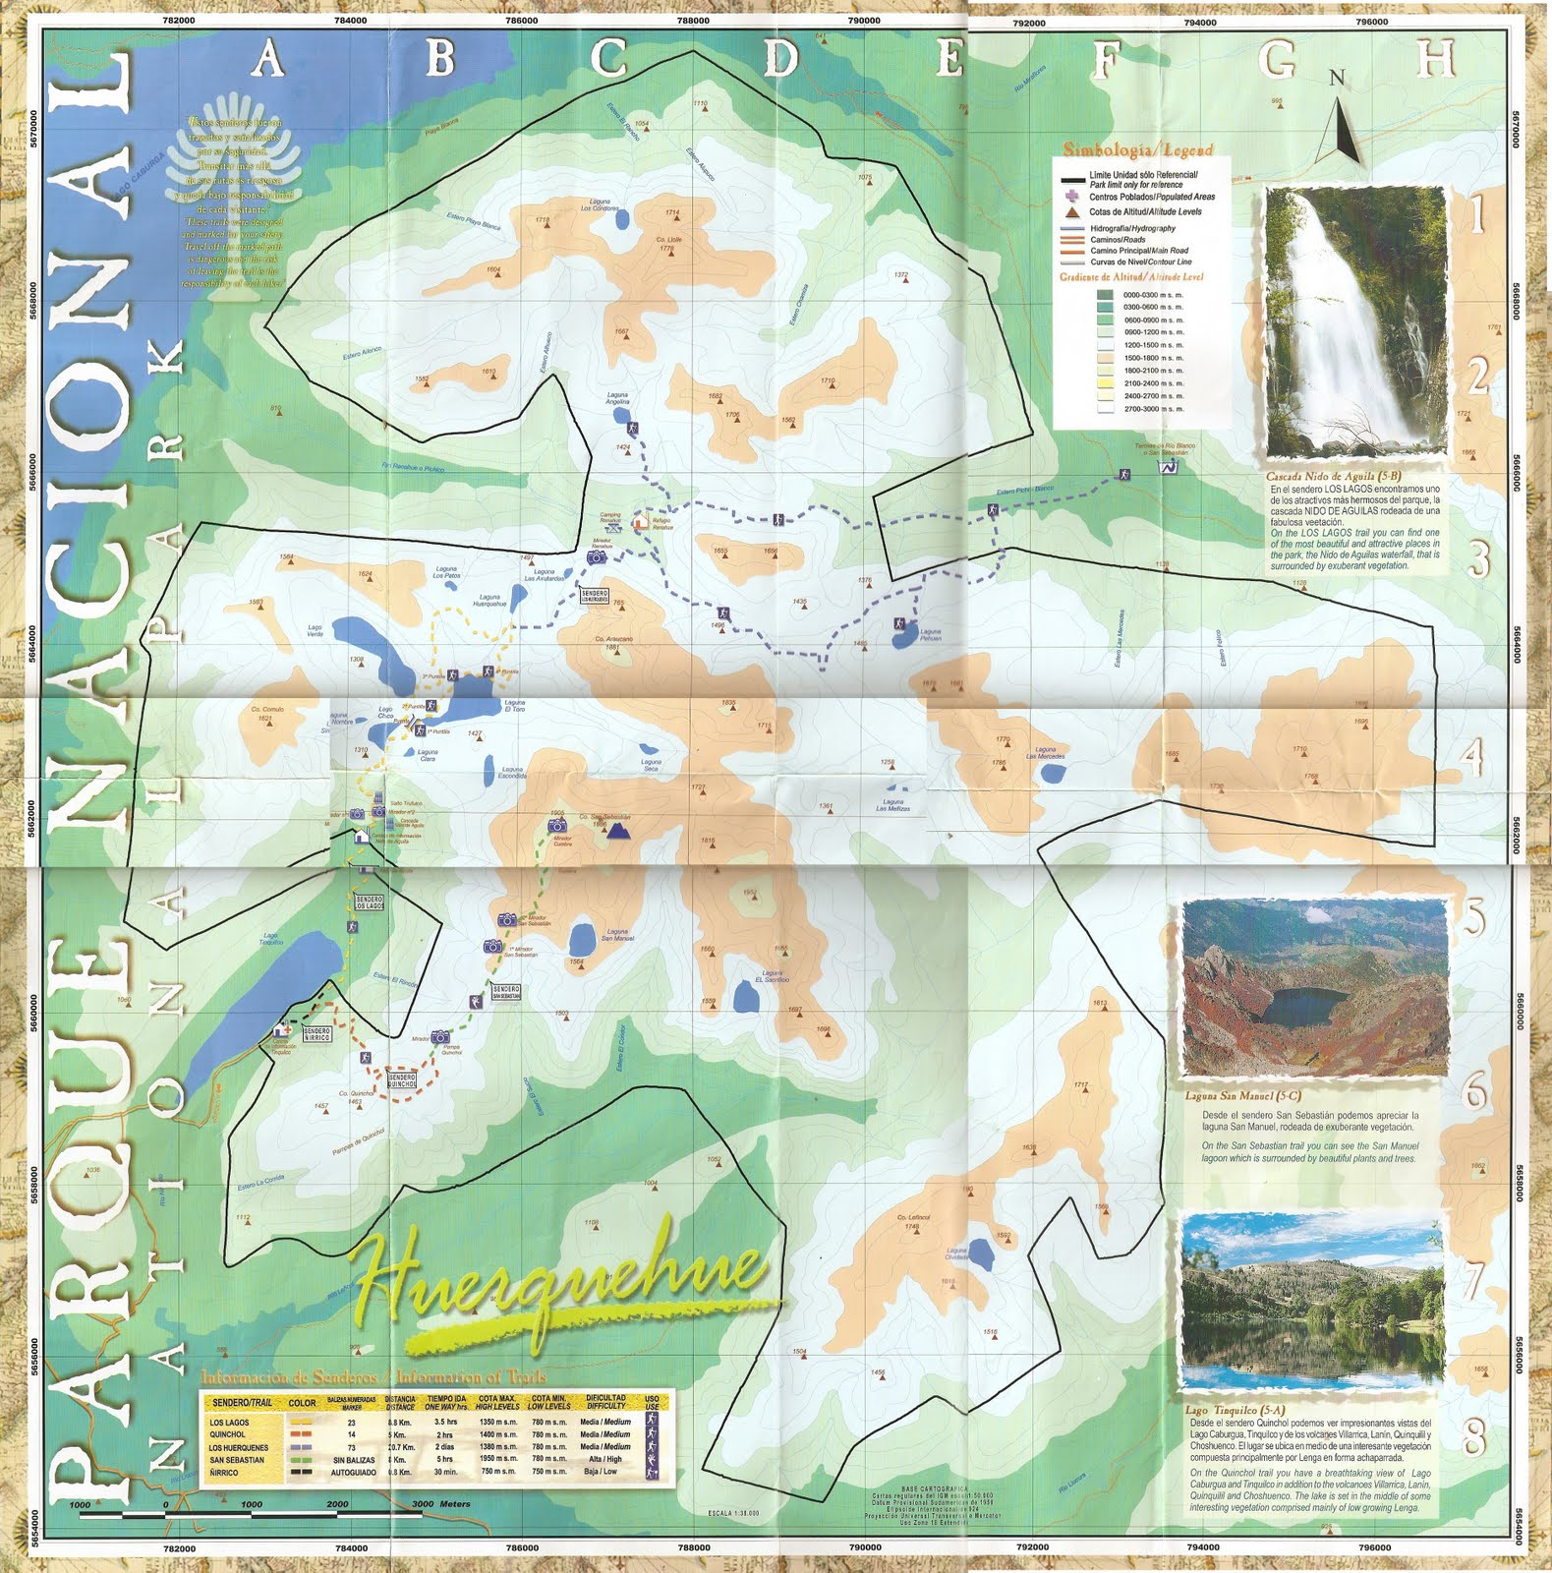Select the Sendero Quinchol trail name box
[403, 1078]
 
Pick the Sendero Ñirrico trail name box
[315, 1034]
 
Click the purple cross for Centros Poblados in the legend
[1066, 197]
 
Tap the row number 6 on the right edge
[1477, 1091]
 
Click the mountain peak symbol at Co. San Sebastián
[617, 833]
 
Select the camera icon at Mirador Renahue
[596, 557]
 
